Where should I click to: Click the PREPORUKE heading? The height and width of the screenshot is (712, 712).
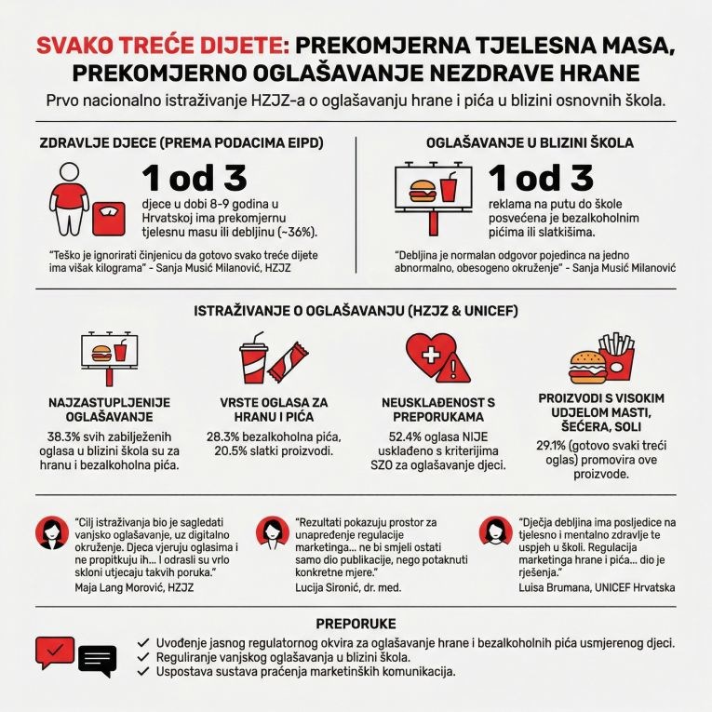click(x=356, y=623)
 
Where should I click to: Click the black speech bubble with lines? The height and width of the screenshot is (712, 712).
click(x=98, y=660)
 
